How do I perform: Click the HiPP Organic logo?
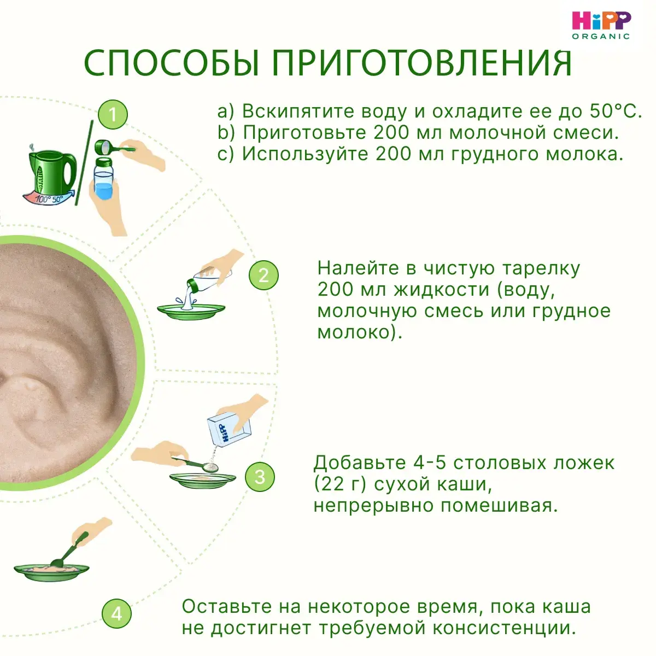(x=601, y=25)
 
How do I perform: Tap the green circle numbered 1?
(x=113, y=114)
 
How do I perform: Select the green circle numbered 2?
(x=263, y=275)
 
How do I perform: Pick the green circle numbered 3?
(x=260, y=477)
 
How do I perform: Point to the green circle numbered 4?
(x=116, y=614)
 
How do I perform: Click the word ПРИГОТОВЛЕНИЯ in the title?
(x=422, y=64)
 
